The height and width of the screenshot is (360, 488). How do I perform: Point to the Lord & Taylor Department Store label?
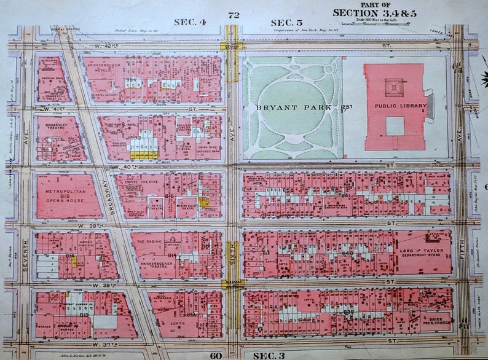(423, 251)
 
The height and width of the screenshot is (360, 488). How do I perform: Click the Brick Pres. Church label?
(436, 321)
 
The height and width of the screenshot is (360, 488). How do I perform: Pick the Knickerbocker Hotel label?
(106, 67)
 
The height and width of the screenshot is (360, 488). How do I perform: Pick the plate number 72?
(233, 15)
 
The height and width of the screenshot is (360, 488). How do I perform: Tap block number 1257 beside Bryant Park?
(347, 108)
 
